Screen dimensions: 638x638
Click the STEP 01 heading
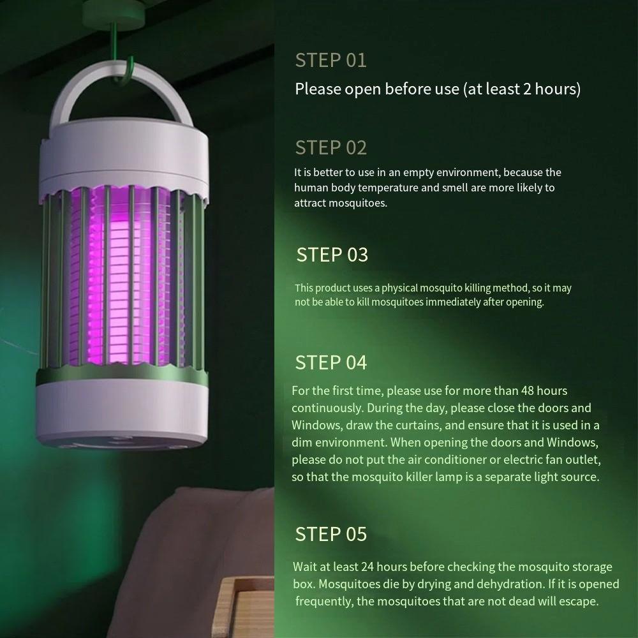point(330,61)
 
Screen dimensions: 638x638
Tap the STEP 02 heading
point(330,147)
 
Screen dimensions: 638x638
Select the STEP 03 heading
point(332,255)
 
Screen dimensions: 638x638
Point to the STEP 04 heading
point(330,362)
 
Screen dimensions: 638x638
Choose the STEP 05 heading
point(330,534)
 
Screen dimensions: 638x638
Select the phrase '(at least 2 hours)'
point(521,89)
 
